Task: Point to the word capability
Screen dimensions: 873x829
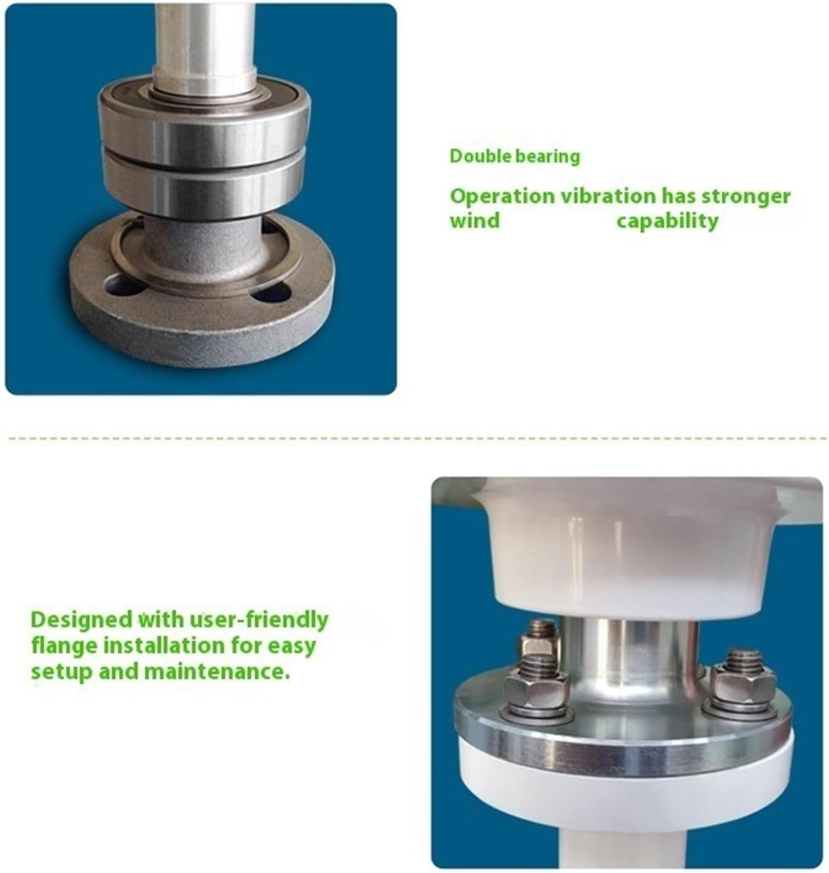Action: point(668,221)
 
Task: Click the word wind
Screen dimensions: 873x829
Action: point(475,221)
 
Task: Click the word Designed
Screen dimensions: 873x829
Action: point(81,619)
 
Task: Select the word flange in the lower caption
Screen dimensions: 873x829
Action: point(64,646)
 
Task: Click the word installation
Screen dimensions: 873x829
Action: point(182,646)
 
